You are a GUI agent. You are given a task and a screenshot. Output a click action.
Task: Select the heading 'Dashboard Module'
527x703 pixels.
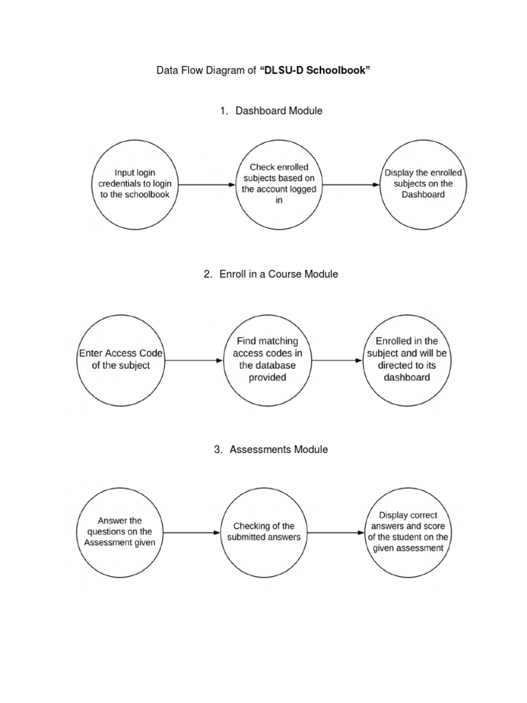tap(279, 111)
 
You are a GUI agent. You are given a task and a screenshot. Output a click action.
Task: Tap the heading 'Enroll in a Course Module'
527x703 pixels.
tap(279, 274)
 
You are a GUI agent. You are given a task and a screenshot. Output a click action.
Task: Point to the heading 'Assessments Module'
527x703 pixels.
tap(279, 450)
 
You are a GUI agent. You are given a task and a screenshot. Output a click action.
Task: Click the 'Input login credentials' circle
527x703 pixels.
tap(135, 184)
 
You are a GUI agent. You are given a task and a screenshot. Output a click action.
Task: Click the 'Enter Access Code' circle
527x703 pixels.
tap(121, 359)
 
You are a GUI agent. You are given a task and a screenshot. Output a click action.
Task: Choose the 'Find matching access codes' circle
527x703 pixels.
tap(267, 359)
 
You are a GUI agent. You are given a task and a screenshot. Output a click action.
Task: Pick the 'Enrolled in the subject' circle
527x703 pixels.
tap(407, 359)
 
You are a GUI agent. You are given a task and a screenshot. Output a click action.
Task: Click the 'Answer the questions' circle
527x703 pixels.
tap(120, 532)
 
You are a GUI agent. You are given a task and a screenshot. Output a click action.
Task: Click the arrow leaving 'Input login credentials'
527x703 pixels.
tap(207, 185)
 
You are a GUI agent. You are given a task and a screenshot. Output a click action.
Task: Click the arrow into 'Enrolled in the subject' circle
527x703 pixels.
tap(337, 359)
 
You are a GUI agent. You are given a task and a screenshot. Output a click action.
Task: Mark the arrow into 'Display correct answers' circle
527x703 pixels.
tap(336, 532)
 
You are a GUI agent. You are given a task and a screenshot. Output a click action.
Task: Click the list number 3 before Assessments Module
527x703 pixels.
tap(218, 450)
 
